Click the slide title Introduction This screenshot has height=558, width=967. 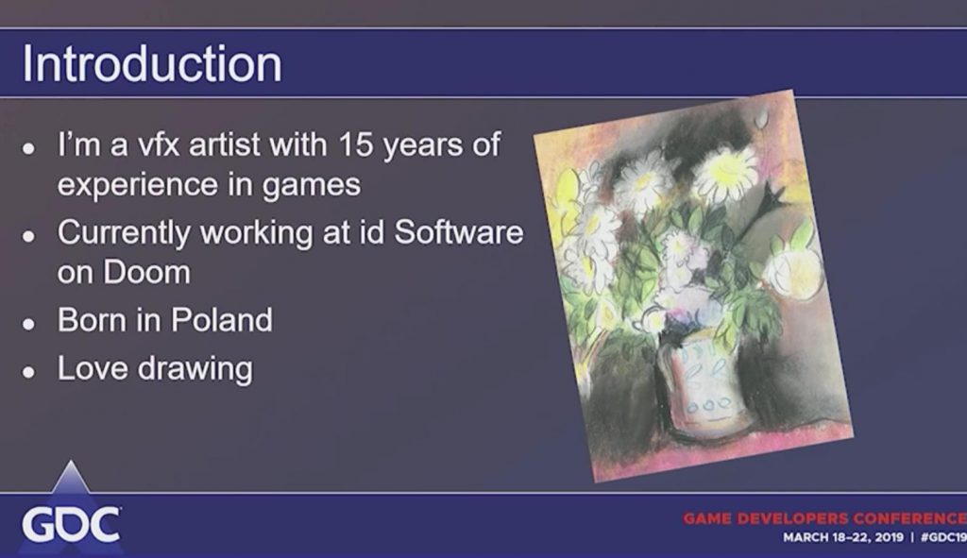coord(152,63)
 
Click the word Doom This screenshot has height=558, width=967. coord(146,272)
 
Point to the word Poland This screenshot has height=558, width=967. coord(221,319)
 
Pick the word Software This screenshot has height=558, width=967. coord(458,232)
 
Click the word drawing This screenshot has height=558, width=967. coord(195,369)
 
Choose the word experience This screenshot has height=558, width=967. coord(138,185)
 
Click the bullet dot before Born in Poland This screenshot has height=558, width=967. coord(28,323)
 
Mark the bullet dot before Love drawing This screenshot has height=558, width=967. coord(28,372)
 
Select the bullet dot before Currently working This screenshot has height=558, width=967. coord(28,236)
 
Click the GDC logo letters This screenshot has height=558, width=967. coord(71,525)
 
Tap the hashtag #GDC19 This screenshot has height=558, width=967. coord(943,537)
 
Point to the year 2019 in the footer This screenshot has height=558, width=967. coord(889,537)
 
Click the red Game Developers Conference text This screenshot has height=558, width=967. coord(824,518)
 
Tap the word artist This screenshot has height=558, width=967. coord(225,144)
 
